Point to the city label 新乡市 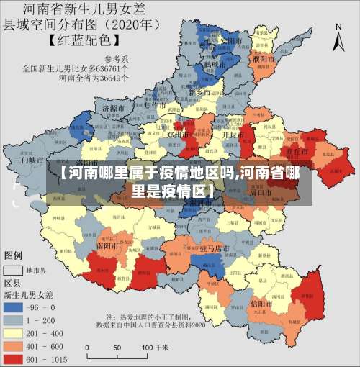coord(199,93)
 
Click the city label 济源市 coord(114,109)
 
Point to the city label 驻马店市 coord(214,248)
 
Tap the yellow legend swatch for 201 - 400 coord(14,332)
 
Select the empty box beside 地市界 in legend coord(14,271)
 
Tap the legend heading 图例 coord(14,255)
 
